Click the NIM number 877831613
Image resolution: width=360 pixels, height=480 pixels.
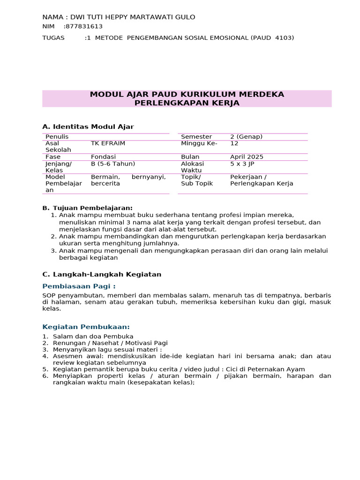(x=84, y=27)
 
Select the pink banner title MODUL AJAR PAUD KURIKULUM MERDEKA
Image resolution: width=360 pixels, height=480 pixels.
(x=187, y=95)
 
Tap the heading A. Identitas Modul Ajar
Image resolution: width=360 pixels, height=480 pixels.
(x=88, y=127)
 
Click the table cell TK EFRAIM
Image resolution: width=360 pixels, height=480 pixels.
(x=108, y=143)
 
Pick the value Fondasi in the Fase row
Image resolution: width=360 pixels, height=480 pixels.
(x=103, y=157)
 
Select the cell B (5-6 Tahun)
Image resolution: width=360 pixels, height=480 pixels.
(x=113, y=164)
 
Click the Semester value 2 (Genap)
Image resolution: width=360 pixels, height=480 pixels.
(x=246, y=137)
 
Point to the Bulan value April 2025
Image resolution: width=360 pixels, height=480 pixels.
(x=247, y=157)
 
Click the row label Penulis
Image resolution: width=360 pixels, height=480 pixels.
(x=57, y=137)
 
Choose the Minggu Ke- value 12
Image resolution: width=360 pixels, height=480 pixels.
(x=234, y=143)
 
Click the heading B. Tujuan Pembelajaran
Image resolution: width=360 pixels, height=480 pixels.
(x=88, y=208)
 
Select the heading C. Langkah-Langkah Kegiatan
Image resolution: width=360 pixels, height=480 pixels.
(x=102, y=274)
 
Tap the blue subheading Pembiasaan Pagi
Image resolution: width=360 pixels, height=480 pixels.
(x=79, y=286)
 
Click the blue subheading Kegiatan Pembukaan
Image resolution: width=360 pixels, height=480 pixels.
(x=86, y=327)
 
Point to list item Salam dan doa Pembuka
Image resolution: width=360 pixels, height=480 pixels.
(x=93, y=337)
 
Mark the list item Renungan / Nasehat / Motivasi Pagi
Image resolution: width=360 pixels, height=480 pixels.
(x=110, y=343)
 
